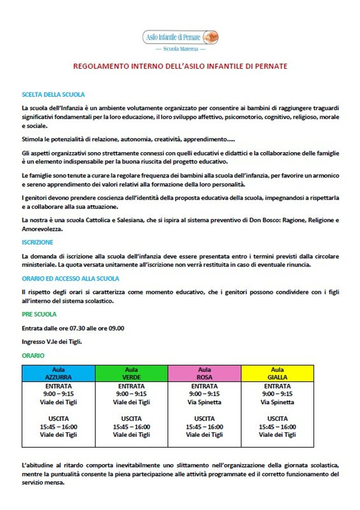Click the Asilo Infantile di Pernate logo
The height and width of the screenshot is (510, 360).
(180, 37)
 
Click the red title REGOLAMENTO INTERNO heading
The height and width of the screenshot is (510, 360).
(180, 67)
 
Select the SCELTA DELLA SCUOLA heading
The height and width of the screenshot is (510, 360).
(53, 95)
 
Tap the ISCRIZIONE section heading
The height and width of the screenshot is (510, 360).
(38, 242)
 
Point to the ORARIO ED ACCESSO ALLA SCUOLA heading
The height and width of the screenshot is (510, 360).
(70, 278)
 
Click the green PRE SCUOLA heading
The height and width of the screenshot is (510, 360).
(39, 314)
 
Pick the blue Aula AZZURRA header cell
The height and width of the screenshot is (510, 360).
(58, 373)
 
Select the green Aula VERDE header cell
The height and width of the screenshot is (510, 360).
(132, 373)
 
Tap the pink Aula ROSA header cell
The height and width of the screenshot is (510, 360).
(204, 373)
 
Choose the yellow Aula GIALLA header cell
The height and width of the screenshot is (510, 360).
(277, 373)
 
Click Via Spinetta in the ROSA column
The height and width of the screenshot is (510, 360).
(204, 402)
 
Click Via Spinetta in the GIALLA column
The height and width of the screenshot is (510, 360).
(277, 402)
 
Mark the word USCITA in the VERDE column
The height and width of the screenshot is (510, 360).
(132, 419)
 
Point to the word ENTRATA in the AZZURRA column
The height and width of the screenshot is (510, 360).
(58, 386)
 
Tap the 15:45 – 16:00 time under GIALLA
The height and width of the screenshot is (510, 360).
(277, 427)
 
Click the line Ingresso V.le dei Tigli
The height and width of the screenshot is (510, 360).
(52, 341)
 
